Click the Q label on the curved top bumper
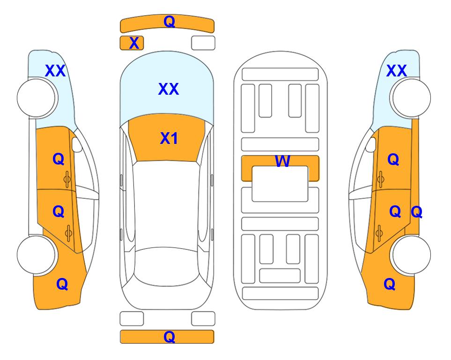169,22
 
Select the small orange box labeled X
132,43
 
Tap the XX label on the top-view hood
169,89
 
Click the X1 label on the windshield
169,138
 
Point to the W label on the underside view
282,161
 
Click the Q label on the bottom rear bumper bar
169,337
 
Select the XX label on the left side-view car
55,71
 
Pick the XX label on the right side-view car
396,71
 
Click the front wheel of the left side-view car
37,98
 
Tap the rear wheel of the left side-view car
37,255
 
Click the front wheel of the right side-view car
411,98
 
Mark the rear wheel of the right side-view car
411,255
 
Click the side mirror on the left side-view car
77,144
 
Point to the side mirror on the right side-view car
371,144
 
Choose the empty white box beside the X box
203,43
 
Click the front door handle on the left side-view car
67,180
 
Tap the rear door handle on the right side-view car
379,233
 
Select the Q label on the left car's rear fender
62,284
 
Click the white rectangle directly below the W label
280,184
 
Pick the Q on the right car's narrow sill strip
416,212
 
